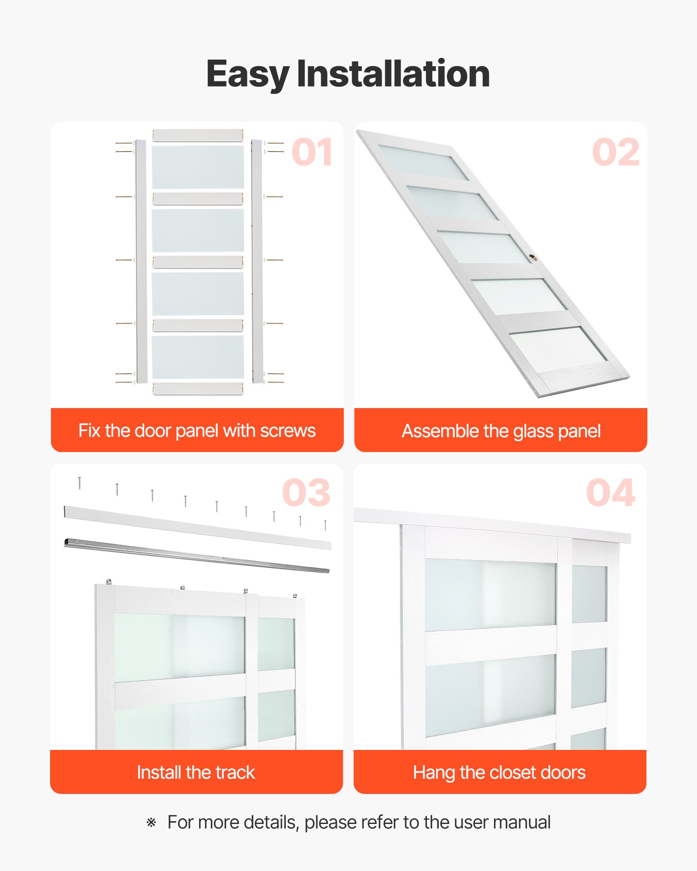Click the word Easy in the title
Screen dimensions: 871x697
click(x=247, y=74)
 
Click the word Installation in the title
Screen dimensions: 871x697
click(x=393, y=74)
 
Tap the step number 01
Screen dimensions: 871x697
click(x=312, y=152)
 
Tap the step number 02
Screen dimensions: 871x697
click(x=616, y=152)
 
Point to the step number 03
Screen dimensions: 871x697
click(x=306, y=493)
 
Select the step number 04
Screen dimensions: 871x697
click(x=610, y=493)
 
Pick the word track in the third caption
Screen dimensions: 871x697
click(x=235, y=772)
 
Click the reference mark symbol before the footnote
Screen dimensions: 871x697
click(x=151, y=823)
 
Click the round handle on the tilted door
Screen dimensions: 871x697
click(x=533, y=258)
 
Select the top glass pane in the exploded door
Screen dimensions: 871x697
click(x=198, y=167)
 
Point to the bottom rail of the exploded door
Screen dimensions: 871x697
click(x=198, y=388)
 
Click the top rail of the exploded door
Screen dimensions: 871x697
click(x=198, y=135)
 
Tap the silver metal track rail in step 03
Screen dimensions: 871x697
click(x=196, y=556)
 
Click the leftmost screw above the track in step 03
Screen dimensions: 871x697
click(x=79, y=483)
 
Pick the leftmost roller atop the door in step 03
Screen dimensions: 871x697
click(x=109, y=581)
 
